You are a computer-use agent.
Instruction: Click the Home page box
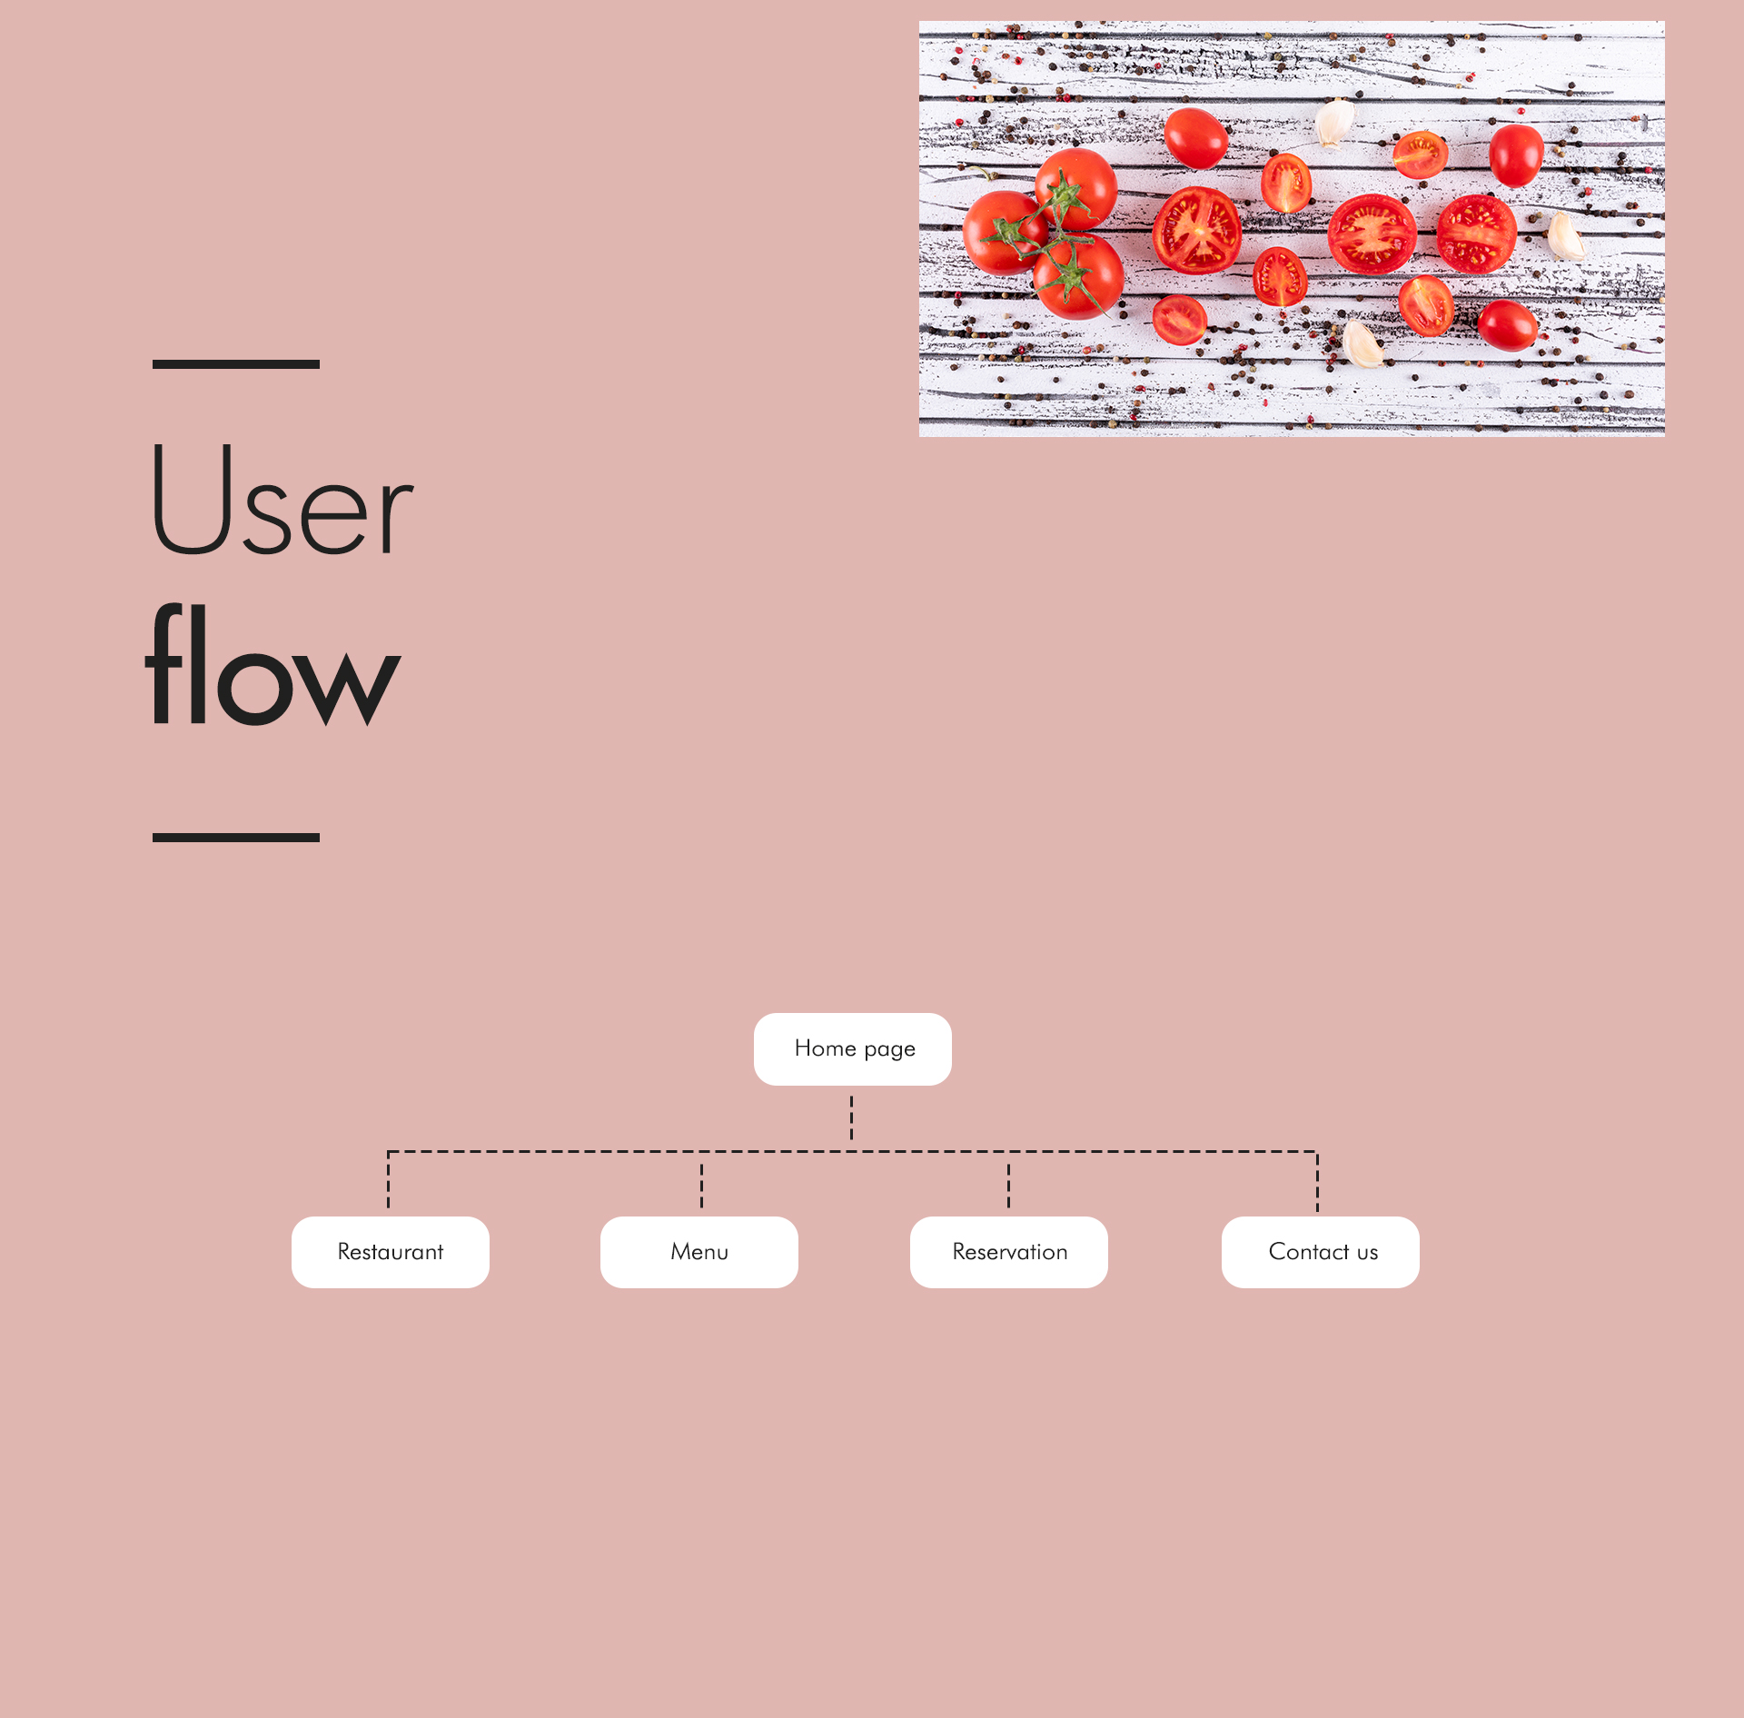[852, 1048]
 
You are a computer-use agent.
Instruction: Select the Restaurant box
[390, 1251]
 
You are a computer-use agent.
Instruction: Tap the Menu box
[699, 1251]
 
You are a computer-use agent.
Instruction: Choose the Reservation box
[1008, 1251]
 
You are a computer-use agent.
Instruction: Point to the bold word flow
[272, 668]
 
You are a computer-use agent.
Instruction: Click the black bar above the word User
[235, 364]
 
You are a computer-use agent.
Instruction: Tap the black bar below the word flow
[235, 838]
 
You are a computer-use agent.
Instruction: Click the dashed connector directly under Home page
[851, 1117]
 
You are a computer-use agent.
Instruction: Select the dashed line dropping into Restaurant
[388, 1181]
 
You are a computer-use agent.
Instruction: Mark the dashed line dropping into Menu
[701, 1185]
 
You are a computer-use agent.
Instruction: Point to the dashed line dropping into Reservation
[1008, 1185]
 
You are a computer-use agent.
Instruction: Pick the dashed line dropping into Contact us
[1317, 1181]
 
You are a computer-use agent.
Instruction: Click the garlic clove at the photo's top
[1334, 123]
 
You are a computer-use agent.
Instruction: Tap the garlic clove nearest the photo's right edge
[1565, 236]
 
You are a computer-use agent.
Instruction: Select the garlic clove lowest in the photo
[1362, 343]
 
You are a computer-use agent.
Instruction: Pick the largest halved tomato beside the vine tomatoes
[1196, 231]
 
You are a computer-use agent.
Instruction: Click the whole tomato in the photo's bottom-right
[1507, 325]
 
